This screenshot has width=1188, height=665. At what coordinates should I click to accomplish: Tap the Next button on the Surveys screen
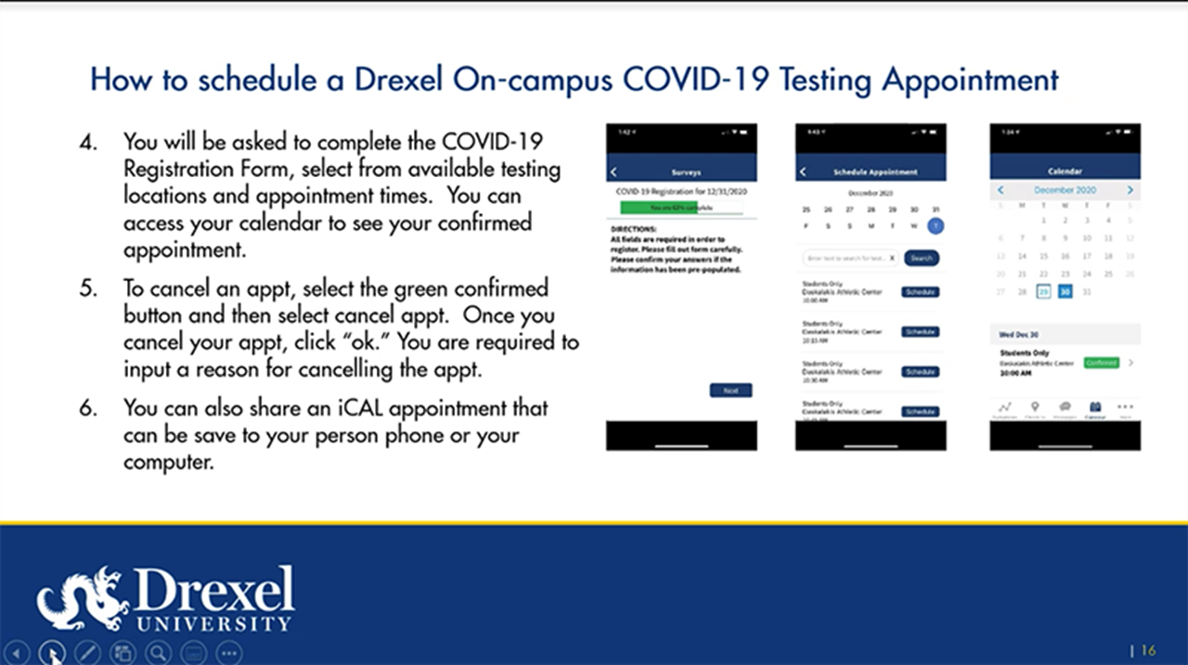coord(730,390)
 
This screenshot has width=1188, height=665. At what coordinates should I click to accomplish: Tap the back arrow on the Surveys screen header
coord(614,172)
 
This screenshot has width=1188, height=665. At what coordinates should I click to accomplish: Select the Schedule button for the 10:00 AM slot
coord(920,292)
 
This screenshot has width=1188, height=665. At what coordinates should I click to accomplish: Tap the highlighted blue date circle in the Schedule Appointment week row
coord(936,225)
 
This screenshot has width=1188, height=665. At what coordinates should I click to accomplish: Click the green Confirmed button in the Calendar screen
coord(1101,363)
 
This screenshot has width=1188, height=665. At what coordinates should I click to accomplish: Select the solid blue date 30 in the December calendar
coord(1065,292)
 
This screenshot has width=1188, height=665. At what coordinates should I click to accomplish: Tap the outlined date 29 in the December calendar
coord(1043,292)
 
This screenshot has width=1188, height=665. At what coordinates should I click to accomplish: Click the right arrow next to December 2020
coord(1130,190)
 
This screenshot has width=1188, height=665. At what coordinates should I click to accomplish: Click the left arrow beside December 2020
coord(1001,190)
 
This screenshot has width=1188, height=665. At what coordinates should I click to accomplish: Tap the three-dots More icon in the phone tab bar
coord(1125,407)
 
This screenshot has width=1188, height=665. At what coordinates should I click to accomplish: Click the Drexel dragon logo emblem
coord(82,598)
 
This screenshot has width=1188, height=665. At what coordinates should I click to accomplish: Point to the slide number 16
coord(1147,651)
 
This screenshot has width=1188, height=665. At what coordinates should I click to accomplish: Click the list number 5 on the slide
coord(87,288)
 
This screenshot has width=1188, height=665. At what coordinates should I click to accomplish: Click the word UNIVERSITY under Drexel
coord(213,623)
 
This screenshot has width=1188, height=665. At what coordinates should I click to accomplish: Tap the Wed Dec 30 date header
coord(1019,335)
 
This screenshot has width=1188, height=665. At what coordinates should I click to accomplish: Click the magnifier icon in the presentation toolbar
coord(158,653)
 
